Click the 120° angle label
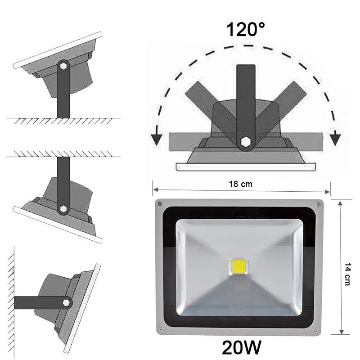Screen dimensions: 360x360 coord(245,30)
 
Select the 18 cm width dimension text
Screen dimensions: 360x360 coord(241,184)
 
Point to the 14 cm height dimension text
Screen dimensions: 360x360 coord(347,268)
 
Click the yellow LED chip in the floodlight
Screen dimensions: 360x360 coord(238,266)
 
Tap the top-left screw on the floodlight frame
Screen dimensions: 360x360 coord(159,204)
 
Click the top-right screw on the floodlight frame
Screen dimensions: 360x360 coord(319,204)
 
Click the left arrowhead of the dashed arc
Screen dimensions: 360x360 coord(156,138)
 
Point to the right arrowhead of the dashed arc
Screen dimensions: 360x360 coord(334,138)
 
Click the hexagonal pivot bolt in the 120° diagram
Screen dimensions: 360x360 coord(245,142)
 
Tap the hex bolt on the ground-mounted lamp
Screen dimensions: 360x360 coord(63,66)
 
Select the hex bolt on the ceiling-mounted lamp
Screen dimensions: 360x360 coord(63,208)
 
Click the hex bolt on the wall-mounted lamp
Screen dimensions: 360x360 coord(67,302)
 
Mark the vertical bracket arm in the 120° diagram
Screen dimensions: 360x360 coord(245,99)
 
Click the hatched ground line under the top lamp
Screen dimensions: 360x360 coord(63,120)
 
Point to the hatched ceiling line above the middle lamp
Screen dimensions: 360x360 coord(63,154)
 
